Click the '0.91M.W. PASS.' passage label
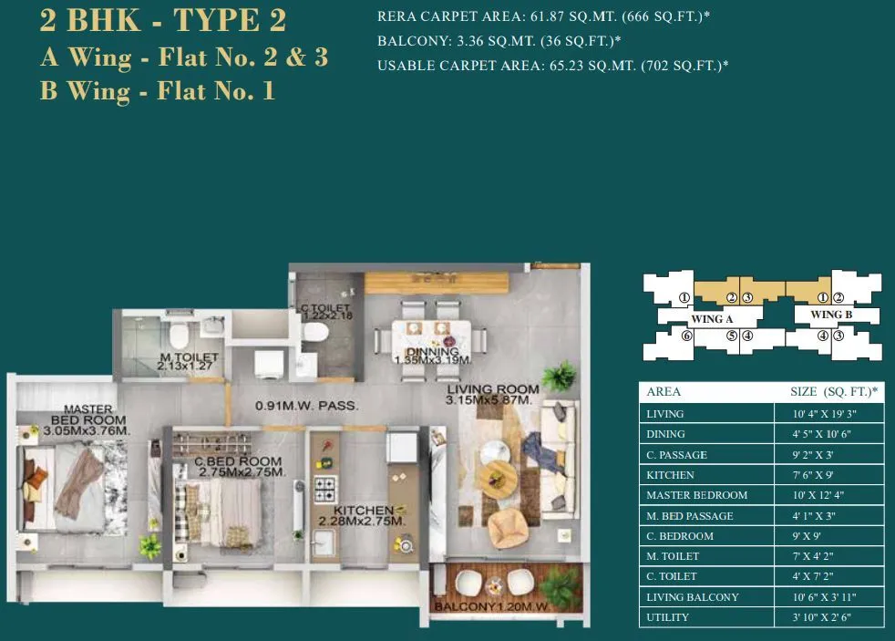(306, 405)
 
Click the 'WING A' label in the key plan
(713, 319)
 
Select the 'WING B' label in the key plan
(830, 315)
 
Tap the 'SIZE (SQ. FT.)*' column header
(833, 391)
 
